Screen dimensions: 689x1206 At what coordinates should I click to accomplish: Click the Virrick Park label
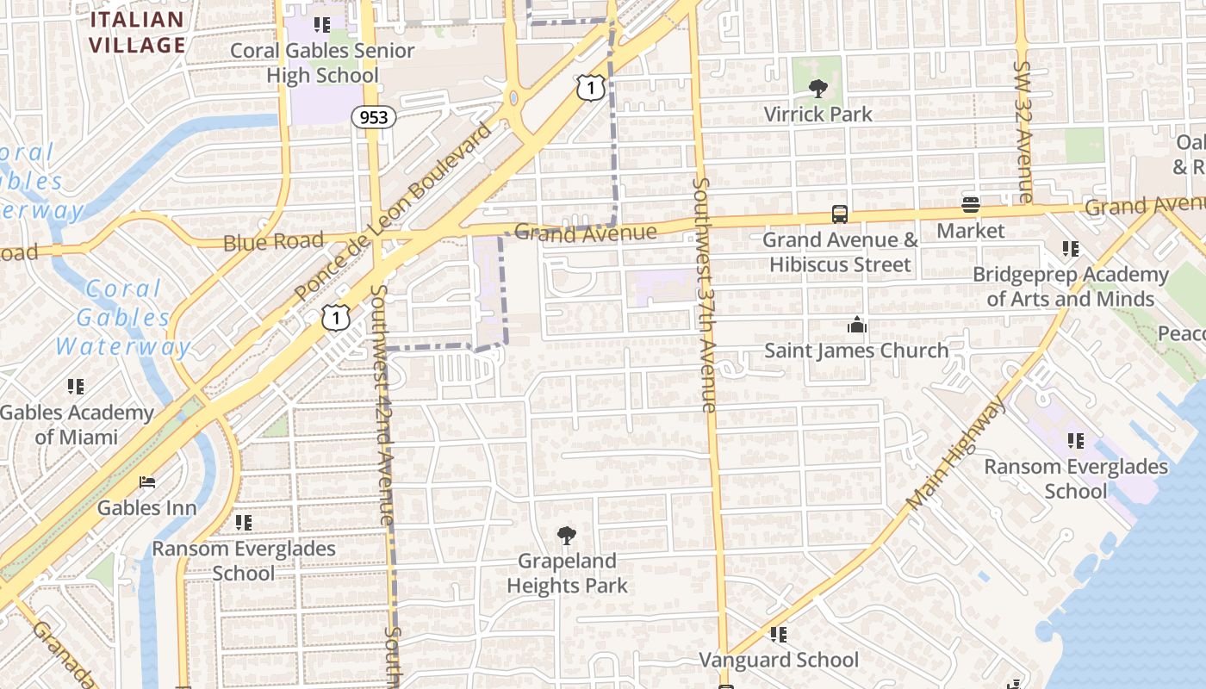pyautogui.click(x=817, y=114)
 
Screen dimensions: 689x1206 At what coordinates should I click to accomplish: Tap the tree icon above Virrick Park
pyautogui.click(x=818, y=88)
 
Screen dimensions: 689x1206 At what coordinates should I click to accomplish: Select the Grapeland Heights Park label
pyautogui.click(x=567, y=574)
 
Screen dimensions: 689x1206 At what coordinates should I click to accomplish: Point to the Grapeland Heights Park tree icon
pyautogui.click(x=566, y=536)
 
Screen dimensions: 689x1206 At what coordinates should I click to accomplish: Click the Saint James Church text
pyautogui.click(x=856, y=351)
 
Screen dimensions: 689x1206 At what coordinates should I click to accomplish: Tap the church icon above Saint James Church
pyautogui.click(x=856, y=325)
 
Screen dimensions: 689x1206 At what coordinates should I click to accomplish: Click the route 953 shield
pyautogui.click(x=373, y=117)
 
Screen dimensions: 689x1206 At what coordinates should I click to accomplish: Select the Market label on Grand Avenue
pyautogui.click(x=971, y=231)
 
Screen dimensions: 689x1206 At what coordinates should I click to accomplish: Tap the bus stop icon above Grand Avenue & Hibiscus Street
pyautogui.click(x=840, y=214)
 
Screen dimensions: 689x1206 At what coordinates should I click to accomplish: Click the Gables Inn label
pyautogui.click(x=146, y=507)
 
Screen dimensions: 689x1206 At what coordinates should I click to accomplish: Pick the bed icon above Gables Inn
pyautogui.click(x=147, y=481)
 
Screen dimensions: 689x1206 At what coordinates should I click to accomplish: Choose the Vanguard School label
pyautogui.click(x=779, y=660)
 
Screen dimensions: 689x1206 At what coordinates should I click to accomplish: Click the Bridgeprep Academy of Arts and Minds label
pyautogui.click(x=1071, y=287)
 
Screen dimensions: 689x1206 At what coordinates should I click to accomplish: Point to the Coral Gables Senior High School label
pyautogui.click(x=322, y=63)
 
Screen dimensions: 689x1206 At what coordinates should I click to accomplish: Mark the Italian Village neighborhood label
pyautogui.click(x=138, y=33)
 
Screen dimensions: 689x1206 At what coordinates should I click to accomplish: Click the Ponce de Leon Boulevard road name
pyautogui.click(x=393, y=212)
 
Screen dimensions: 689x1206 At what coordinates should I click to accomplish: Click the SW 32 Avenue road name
pyautogui.click(x=1023, y=131)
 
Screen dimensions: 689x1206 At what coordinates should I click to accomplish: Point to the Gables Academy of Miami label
pyautogui.click(x=76, y=425)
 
